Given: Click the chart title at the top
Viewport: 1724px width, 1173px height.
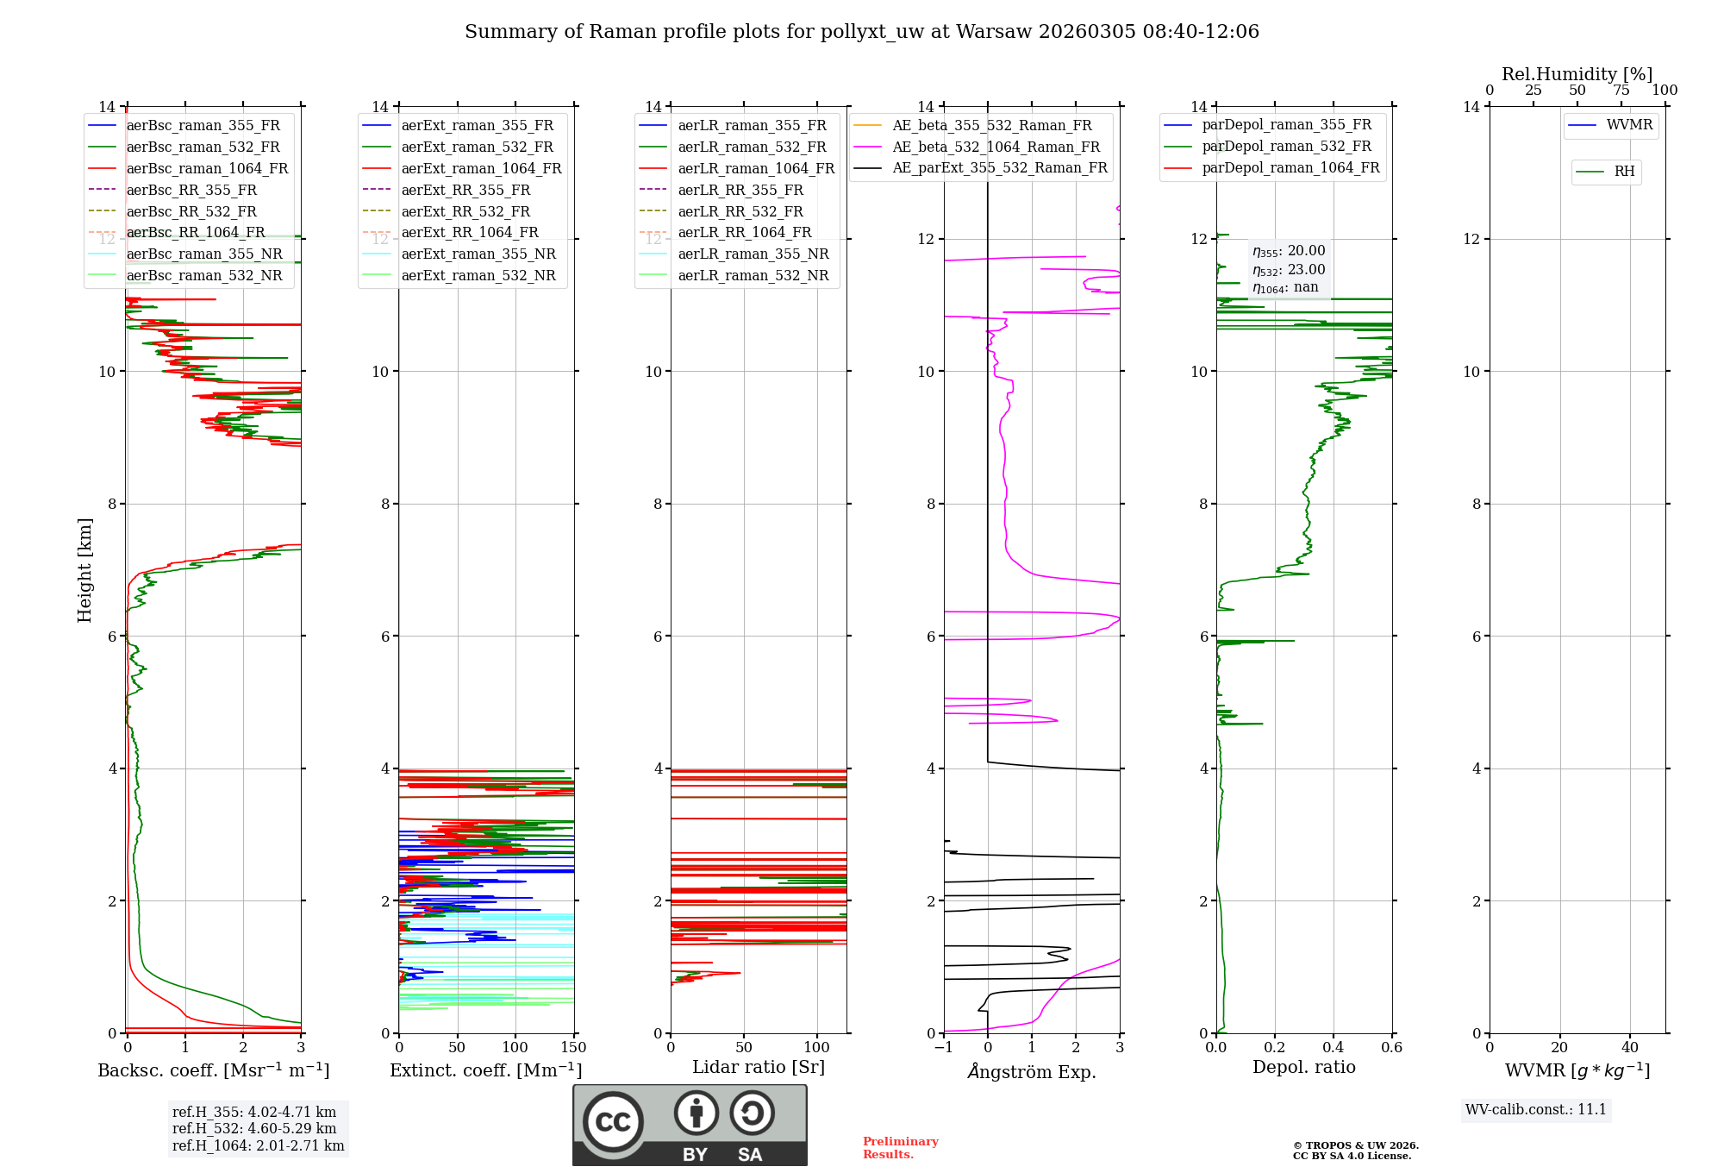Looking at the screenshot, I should [862, 32].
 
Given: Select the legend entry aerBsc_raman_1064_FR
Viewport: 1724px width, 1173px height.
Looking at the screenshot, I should [207, 168].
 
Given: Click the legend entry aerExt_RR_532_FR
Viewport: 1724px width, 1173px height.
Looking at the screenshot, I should [465, 211].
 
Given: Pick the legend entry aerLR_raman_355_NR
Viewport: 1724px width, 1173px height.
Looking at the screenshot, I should [753, 254].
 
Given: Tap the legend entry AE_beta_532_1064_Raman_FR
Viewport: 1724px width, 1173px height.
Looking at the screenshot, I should [996, 147].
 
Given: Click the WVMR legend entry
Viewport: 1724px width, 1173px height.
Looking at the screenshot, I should [1629, 125].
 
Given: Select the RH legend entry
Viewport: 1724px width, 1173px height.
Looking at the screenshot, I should [1624, 172].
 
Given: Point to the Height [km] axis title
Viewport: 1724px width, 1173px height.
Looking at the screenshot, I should [84, 569].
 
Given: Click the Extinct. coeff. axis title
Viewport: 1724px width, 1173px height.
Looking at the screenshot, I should [486, 1070].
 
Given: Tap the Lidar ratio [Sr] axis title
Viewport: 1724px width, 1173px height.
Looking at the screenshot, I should [759, 1067].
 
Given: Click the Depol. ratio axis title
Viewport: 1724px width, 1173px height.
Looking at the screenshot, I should [1303, 1067].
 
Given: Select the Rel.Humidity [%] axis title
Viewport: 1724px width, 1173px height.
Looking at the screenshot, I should [1577, 74].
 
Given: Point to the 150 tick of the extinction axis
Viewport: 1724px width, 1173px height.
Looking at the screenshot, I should [573, 1048].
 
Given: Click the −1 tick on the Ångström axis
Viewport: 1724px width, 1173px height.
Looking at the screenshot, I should [944, 1048].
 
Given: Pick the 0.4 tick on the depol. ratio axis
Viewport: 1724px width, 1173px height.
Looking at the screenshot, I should [1333, 1048].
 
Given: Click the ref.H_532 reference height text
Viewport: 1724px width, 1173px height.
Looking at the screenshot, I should [254, 1128].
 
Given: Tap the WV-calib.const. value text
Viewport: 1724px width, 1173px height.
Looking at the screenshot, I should [1536, 1109].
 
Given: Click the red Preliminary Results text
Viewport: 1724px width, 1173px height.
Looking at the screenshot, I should [900, 1148].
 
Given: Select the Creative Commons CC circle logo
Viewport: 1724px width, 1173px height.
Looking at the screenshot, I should [613, 1121].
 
